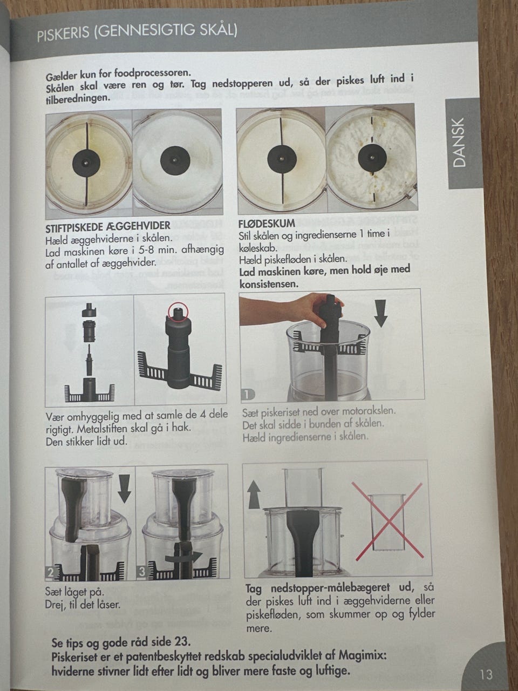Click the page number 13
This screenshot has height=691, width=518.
click(x=486, y=674)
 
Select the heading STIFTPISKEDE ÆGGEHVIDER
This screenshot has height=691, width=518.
click(x=107, y=226)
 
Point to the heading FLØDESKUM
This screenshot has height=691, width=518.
click(x=267, y=223)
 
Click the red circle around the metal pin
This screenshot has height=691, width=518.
click(x=178, y=311)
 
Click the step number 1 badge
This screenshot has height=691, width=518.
click(x=248, y=394)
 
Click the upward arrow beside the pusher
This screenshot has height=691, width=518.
click(x=254, y=496)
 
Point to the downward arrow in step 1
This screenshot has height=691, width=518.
click(x=381, y=313)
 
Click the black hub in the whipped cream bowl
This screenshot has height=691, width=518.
click(x=372, y=157)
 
